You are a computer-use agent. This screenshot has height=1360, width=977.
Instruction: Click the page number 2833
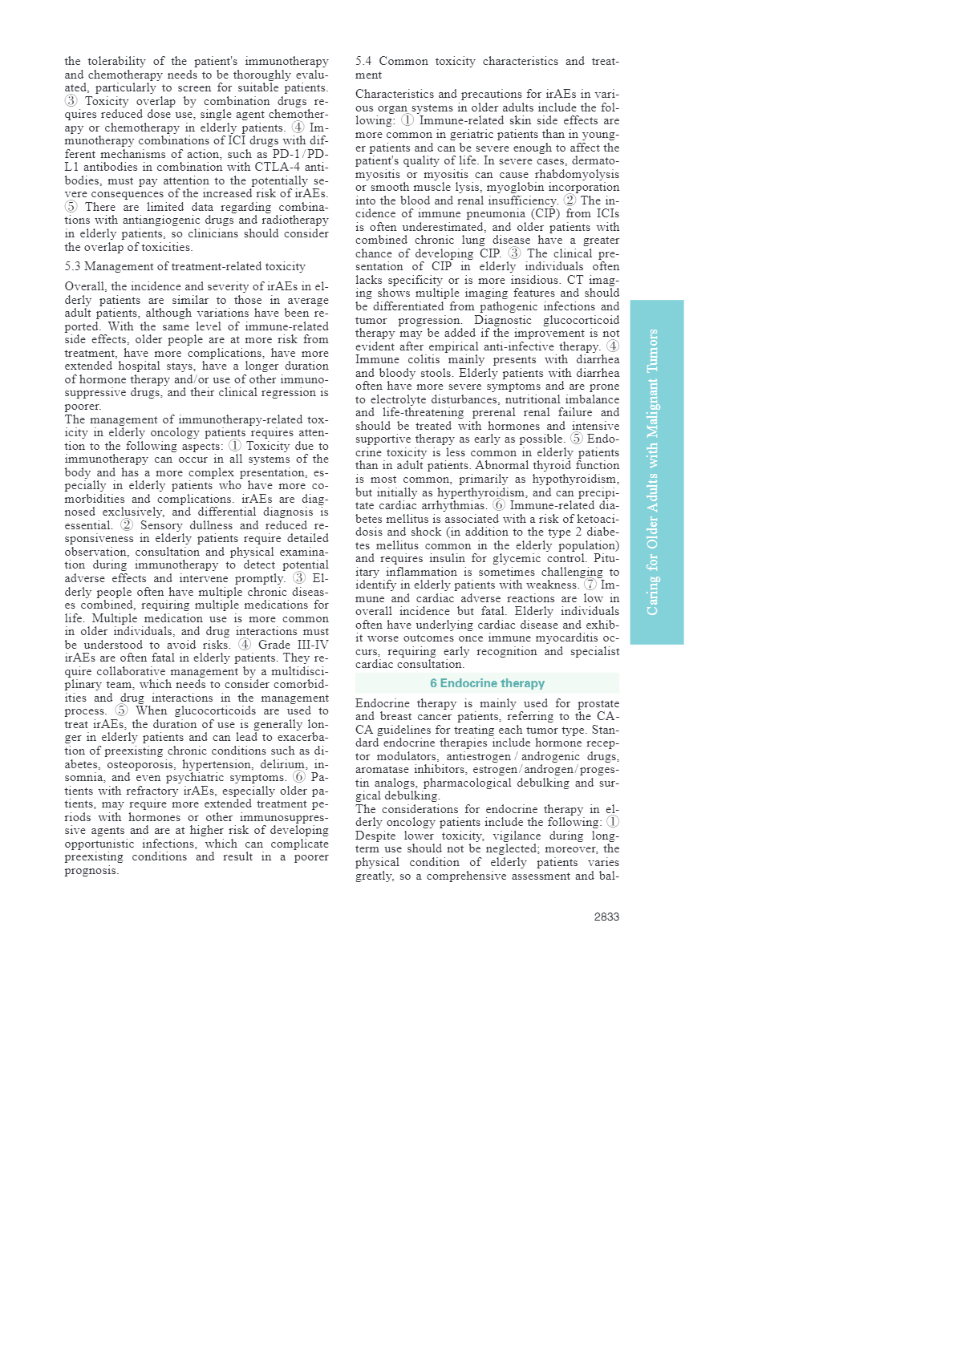(x=606, y=917)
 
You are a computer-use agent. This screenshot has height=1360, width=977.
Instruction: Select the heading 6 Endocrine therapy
(x=487, y=683)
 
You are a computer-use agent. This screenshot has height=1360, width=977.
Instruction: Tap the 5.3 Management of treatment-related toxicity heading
(x=185, y=266)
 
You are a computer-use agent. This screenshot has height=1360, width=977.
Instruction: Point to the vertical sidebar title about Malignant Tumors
(x=653, y=472)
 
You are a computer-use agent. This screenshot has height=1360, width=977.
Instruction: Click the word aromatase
(x=382, y=769)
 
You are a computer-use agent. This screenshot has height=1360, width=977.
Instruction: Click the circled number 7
(x=590, y=585)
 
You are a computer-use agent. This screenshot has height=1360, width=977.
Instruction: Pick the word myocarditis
(x=564, y=637)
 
